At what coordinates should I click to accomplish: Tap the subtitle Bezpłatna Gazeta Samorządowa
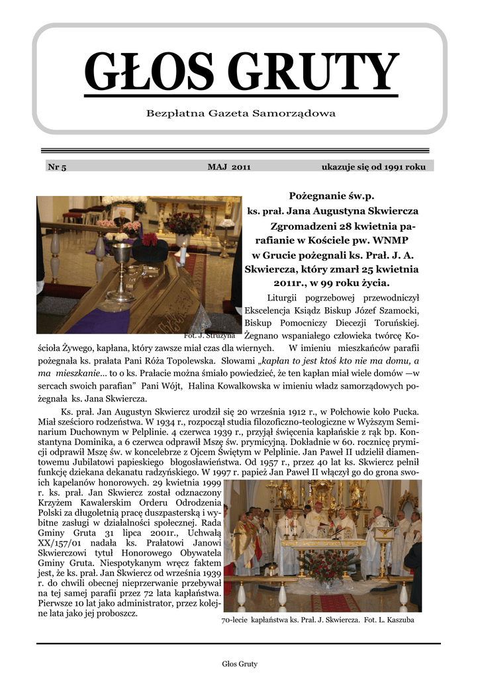(241, 114)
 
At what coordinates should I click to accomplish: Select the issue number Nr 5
(57, 167)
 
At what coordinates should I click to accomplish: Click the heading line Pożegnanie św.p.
(332, 196)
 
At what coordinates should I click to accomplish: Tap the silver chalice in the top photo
(121, 268)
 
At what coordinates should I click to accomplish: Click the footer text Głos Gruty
(240, 663)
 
